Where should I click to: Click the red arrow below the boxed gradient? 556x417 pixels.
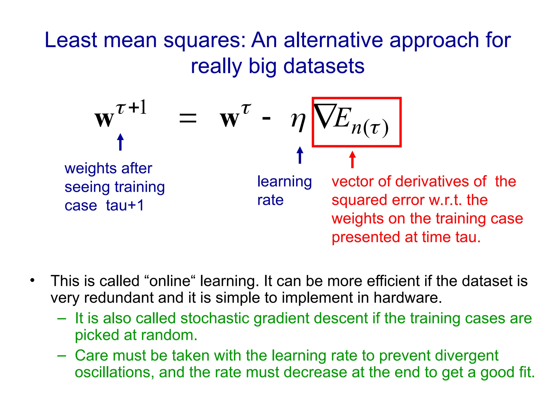coord(352,160)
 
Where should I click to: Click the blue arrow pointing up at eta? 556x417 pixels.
coord(300,155)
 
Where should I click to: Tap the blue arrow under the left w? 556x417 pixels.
coord(120,142)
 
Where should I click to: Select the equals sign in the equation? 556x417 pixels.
coord(188,118)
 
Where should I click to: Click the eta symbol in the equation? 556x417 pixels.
coord(298,121)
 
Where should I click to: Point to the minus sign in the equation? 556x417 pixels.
coord(266,118)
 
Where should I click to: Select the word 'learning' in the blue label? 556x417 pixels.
coord(284,182)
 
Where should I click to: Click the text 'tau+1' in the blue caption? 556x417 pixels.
coord(125,205)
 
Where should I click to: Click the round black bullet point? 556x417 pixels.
coord(33,280)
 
